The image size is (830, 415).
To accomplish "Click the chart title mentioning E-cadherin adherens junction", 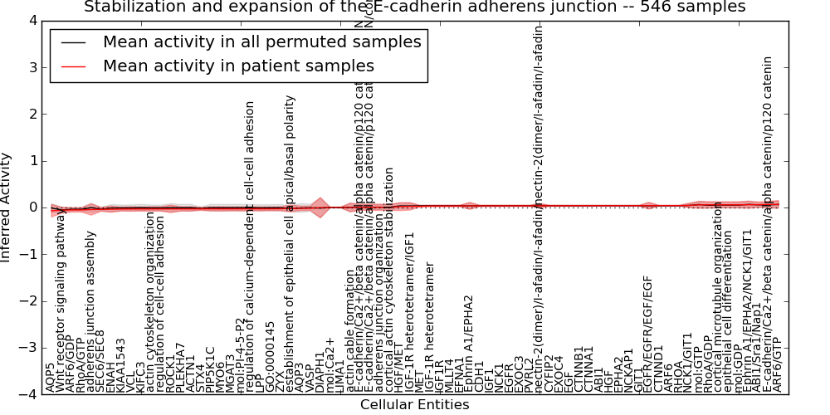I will (x=415, y=7).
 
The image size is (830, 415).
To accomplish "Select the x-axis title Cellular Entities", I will (x=414, y=405).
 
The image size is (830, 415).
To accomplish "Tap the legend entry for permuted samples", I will (x=261, y=42).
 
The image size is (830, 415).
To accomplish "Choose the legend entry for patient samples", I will (x=238, y=66).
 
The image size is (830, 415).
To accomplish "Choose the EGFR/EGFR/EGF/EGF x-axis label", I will (x=649, y=335).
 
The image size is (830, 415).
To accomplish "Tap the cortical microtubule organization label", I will (x=719, y=297).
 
